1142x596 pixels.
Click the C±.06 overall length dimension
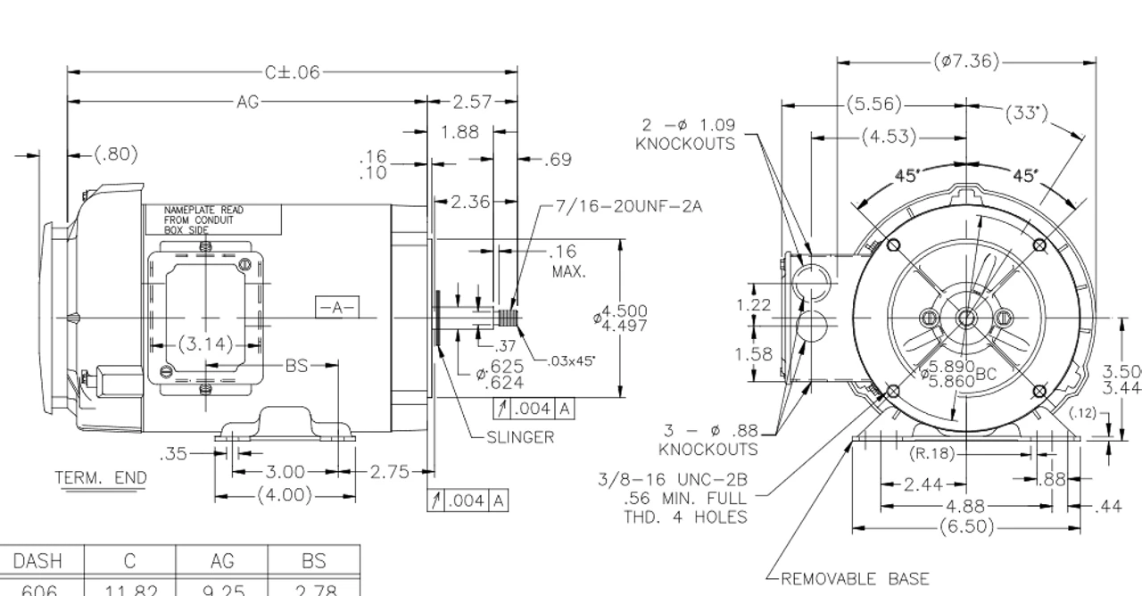292,72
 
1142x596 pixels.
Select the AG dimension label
247,102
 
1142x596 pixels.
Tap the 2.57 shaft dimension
472,102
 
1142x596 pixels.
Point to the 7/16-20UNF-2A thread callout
628,206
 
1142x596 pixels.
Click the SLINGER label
520,437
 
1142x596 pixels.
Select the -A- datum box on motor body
336,307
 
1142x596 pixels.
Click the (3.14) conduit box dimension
204,344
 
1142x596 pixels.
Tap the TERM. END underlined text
101,478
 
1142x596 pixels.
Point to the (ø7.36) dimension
966,62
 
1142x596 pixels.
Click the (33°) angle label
1026,113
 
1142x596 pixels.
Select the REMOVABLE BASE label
855,579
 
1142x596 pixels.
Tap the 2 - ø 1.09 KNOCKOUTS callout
686,135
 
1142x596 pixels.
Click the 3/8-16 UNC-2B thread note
673,498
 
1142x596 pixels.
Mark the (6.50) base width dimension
966,526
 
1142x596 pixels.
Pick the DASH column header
37,561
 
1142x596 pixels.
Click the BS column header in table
313,561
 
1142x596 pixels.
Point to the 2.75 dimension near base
389,472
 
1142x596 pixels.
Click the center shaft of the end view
966,318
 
